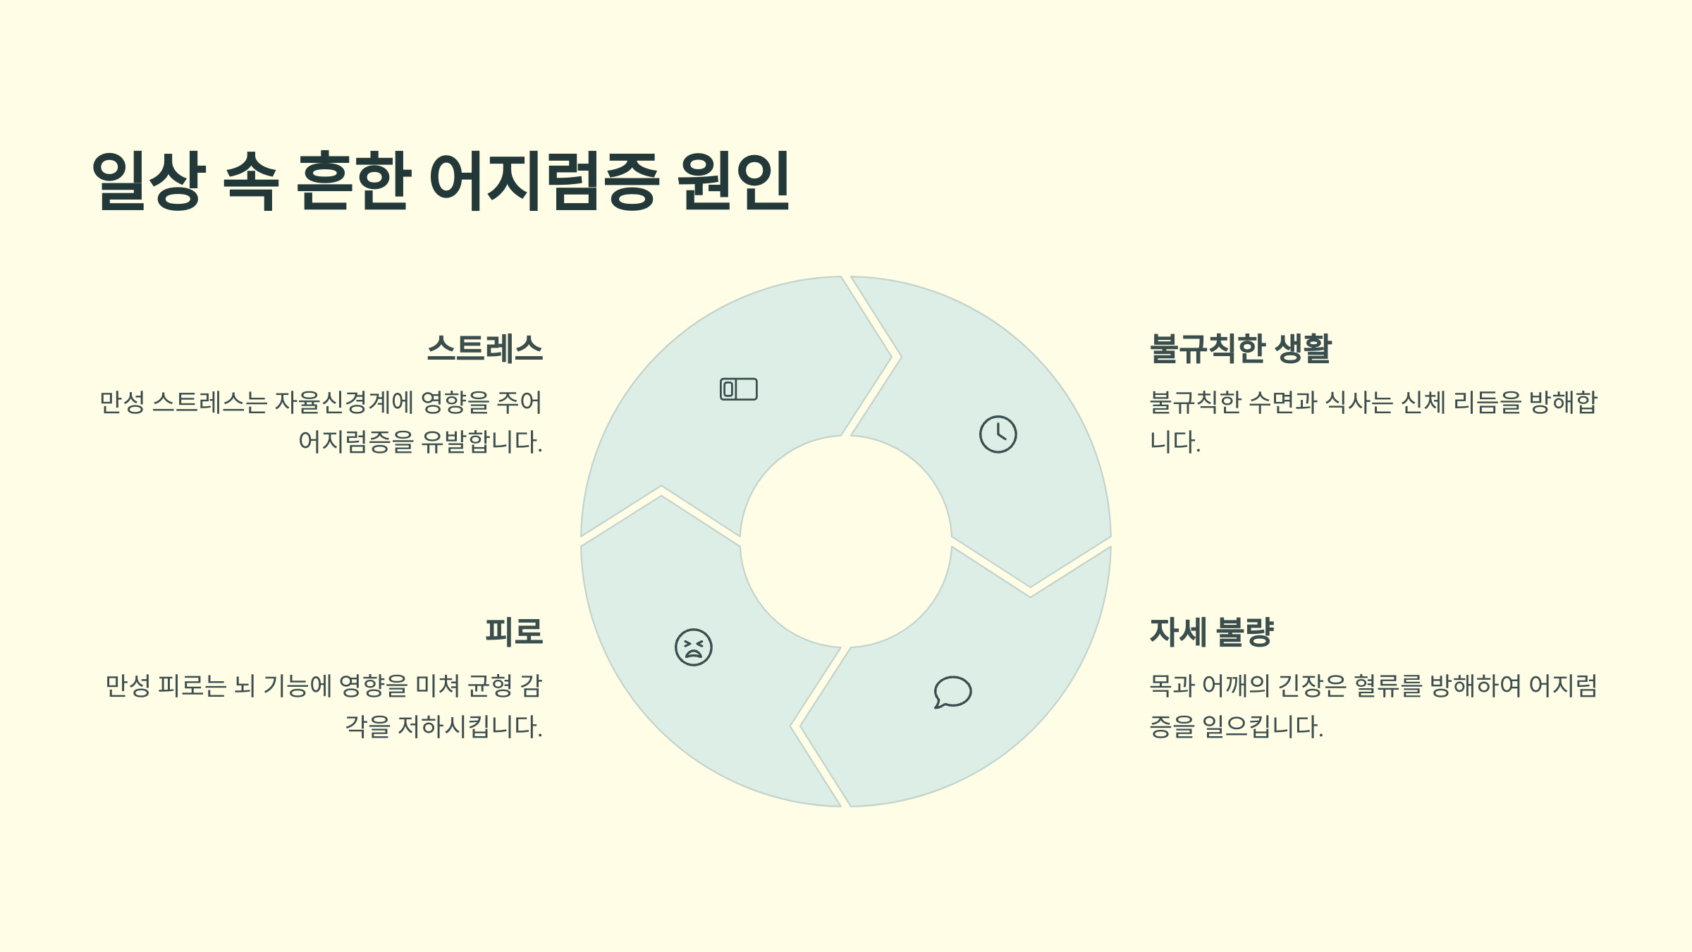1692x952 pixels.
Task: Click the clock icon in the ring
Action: click(x=998, y=434)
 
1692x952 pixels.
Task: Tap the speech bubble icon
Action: click(x=952, y=692)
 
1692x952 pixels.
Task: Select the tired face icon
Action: click(x=693, y=647)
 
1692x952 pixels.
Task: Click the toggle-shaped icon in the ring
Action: click(x=738, y=389)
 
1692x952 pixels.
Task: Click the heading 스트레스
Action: click(x=485, y=348)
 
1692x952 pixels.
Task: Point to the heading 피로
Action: click(x=514, y=631)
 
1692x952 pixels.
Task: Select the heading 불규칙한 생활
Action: click(x=1240, y=348)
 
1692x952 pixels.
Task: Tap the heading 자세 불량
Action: click(x=1211, y=631)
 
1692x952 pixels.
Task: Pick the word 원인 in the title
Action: click(x=733, y=181)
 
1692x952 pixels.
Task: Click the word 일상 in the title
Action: click(x=149, y=181)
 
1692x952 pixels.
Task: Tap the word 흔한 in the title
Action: click(x=353, y=181)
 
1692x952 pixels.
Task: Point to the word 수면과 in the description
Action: click(x=1283, y=403)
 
